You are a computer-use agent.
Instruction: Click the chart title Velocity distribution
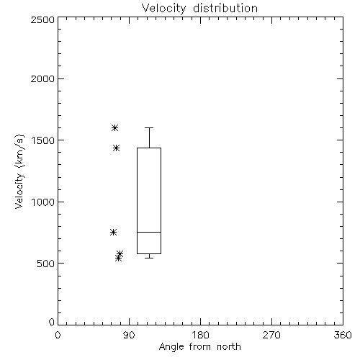pos(199,9)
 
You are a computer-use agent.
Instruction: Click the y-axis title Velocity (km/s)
pos(19,171)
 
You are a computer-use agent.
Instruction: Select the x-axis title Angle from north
pos(199,347)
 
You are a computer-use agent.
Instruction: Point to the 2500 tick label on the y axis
pos(42,19)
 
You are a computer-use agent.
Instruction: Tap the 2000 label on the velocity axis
pos(42,78)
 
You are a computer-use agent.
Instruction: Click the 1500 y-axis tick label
pos(43,140)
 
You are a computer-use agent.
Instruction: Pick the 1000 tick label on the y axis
pos(43,202)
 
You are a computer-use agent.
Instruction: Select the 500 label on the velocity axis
pos(46,264)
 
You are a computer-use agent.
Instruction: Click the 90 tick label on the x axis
pos(129,335)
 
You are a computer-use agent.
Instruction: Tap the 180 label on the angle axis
pos(200,335)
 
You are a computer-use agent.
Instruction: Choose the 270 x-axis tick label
pos(271,335)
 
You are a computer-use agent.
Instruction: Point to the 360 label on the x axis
pos(343,335)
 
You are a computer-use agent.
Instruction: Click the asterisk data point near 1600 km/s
pos(115,127)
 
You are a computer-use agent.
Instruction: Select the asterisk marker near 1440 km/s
pos(117,148)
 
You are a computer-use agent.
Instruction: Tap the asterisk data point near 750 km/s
pos(114,232)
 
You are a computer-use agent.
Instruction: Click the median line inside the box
pos(149,232)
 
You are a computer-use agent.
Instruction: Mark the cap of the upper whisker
pos(149,127)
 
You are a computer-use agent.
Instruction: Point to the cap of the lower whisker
pos(149,258)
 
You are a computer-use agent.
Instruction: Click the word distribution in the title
pos(225,9)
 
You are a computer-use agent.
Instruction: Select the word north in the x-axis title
pos(229,347)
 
